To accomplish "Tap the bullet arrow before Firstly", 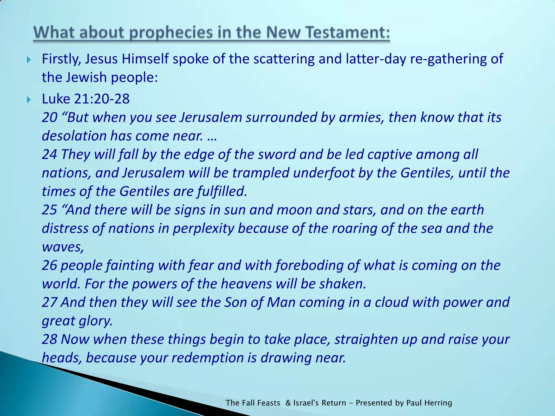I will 29,60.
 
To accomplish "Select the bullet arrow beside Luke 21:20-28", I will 29,100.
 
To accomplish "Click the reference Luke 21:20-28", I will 86,99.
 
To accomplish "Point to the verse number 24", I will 49,155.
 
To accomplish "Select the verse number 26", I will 49,265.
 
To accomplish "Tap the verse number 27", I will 49,303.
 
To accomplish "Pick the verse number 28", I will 49,339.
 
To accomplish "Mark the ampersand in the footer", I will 288,403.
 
